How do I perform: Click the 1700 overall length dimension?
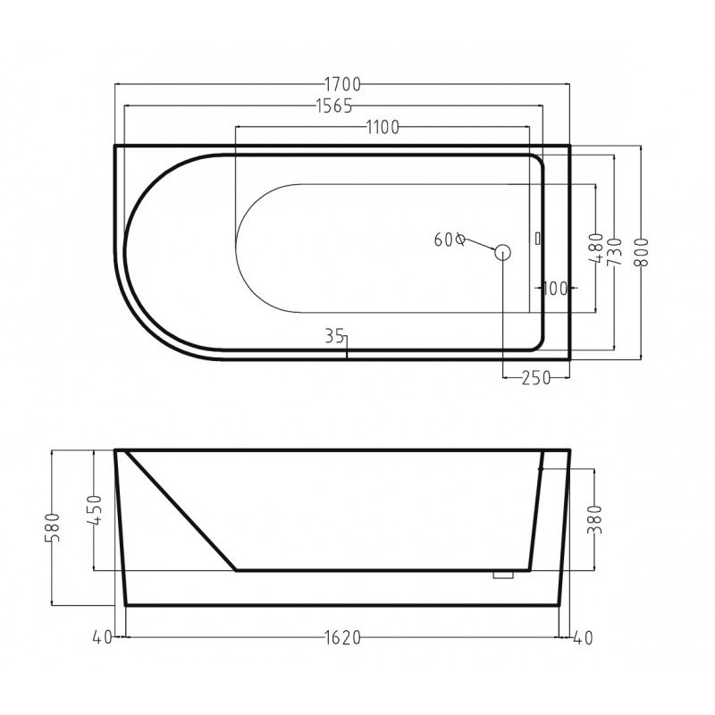[342, 84]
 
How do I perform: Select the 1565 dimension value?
[333, 106]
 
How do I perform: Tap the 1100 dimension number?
[383, 128]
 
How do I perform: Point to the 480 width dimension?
[596, 248]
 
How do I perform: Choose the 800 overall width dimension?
[641, 253]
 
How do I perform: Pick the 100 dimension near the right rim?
[555, 288]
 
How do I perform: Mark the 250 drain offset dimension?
[536, 377]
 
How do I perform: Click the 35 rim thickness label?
[334, 337]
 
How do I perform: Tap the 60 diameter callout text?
[450, 240]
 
